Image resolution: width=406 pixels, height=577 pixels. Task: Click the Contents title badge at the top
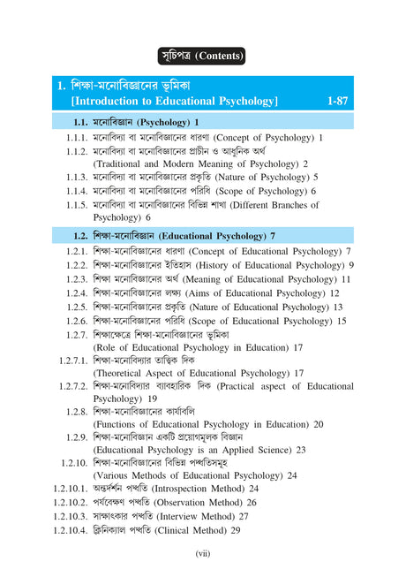202,57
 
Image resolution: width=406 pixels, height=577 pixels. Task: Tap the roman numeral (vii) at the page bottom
202,554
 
